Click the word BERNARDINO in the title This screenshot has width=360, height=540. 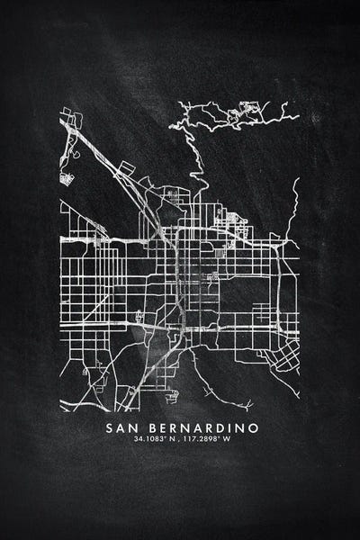click(x=200, y=426)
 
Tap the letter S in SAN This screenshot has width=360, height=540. click(x=110, y=426)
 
